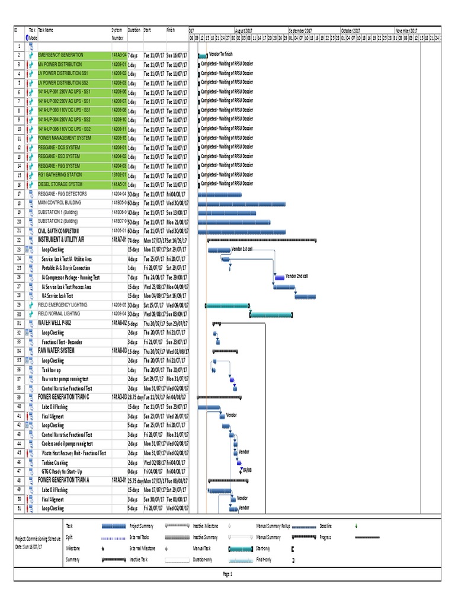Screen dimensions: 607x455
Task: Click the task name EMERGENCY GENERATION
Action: pyautogui.click(x=60, y=55)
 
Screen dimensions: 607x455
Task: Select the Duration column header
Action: pyautogui.click(x=134, y=30)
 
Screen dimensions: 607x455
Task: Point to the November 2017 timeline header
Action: pyautogui.click(x=406, y=30)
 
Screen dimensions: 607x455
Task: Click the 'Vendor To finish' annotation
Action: pyautogui.click(x=222, y=54)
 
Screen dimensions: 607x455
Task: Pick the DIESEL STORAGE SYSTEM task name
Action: pyautogui.click(x=60, y=184)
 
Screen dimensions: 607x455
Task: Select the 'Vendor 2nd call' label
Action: pyautogui.click(x=297, y=276)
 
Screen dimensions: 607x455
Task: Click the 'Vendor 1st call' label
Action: pyautogui.click(x=242, y=249)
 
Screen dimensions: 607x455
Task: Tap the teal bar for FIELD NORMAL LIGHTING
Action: pyautogui.click(x=271, y=314)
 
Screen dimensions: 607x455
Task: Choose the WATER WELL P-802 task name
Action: pyautogui.click(x=57, y=323)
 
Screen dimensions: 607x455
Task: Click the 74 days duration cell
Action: pyautogui.click(x=135, y=240)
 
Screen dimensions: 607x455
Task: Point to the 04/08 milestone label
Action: pyautogui.click(x=247, y=470)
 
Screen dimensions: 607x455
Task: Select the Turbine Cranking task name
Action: pyautogui.click(x=56, y=462)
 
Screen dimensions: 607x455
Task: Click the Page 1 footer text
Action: pyautogui.click(x=227, y=574)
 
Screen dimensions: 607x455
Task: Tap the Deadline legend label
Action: pyautogui.click(x=325, y=526)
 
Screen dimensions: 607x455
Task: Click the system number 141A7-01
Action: pyautogui.click(x=119, y=240)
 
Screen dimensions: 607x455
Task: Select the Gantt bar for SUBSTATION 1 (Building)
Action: pyautogui.click(x=227, y=212)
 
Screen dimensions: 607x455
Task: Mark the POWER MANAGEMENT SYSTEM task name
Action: pyautogui.click(x=65, y=138)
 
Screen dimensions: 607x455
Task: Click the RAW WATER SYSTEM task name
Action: pyautogui.click(x=56, y=351)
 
